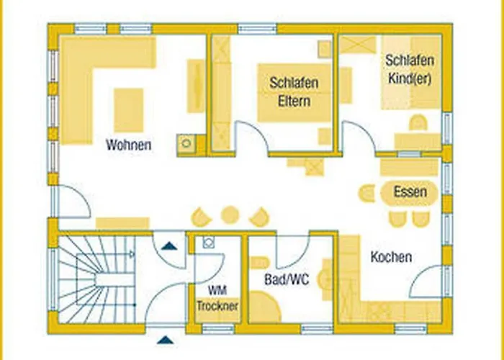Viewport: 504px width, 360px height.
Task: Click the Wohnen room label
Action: [129, 145]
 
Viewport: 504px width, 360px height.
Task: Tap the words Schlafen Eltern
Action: [294, 91]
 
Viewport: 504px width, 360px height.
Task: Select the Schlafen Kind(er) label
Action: [408, 70]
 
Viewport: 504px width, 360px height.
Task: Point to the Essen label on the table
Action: [410, 192]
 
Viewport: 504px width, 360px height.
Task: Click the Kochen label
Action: [391, 256]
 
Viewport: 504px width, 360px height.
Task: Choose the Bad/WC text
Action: [286, 279]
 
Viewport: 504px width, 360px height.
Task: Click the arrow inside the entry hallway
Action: [168, 246]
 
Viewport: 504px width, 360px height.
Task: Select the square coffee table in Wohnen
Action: [129, 110]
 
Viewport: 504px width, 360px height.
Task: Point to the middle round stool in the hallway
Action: [230, 215]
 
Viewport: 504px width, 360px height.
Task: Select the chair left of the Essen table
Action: [367, 193]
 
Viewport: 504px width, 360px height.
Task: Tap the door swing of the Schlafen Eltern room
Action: [252, 137]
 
